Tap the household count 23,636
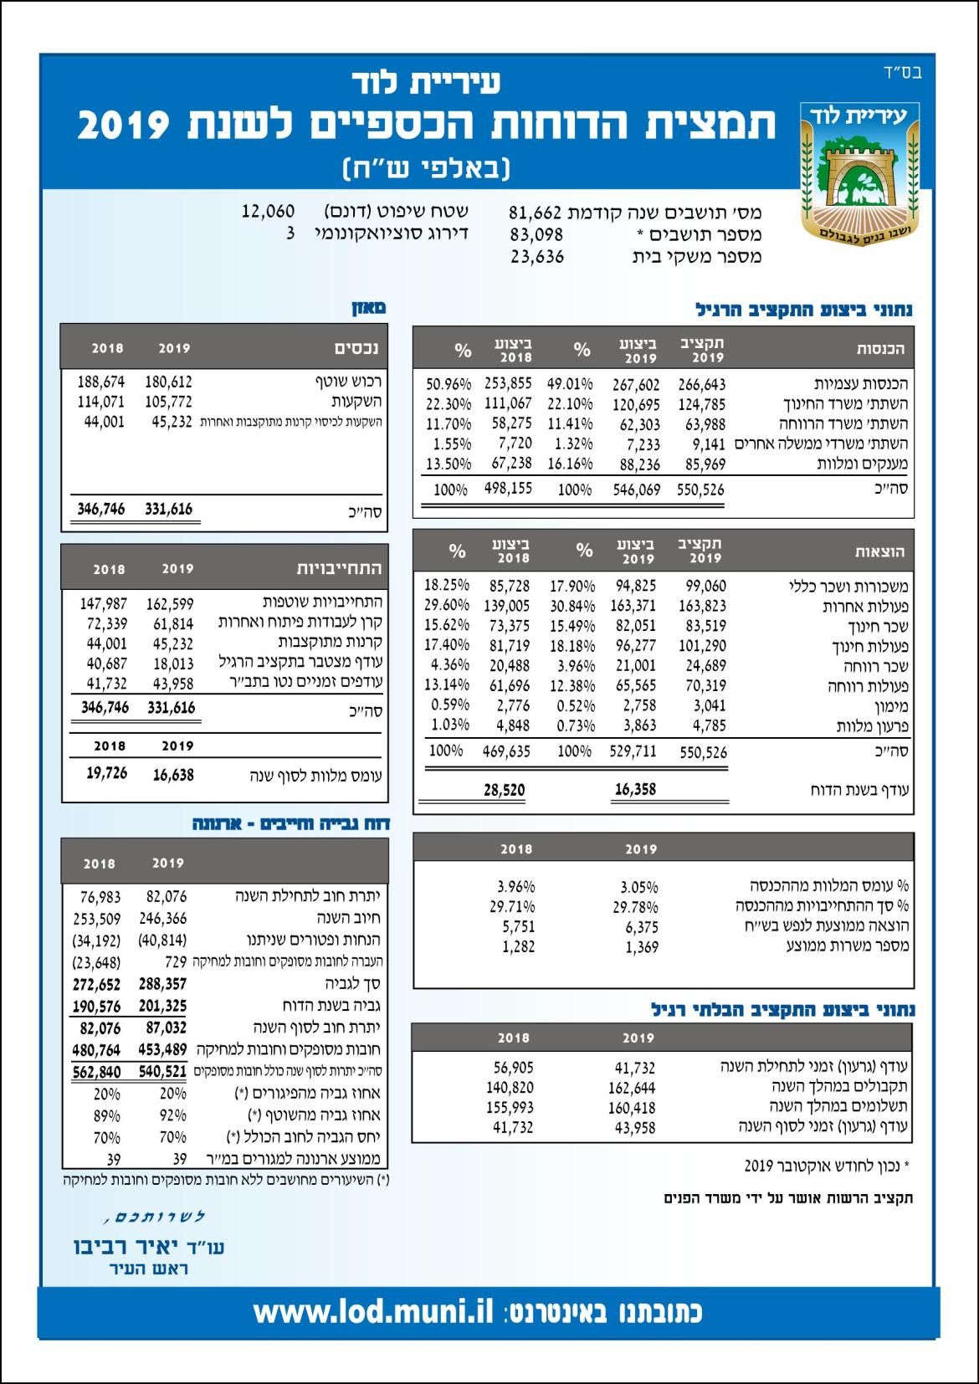pos(537,257)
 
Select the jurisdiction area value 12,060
pos(268,211)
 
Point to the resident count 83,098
pos(536,234)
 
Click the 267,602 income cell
pos(636,384)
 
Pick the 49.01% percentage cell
pos(570,384)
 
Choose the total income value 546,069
pos(636,490)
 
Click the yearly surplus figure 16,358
pos(635,788)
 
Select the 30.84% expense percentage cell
pos(572,606)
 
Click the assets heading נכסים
pos(356,348)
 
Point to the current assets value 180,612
pos(168,382)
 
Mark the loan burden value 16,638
pos(173,775)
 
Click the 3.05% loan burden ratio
pos(639,887)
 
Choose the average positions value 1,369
pos(641,947)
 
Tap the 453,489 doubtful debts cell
pos(165,1050)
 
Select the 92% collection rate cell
pos(173,1115)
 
